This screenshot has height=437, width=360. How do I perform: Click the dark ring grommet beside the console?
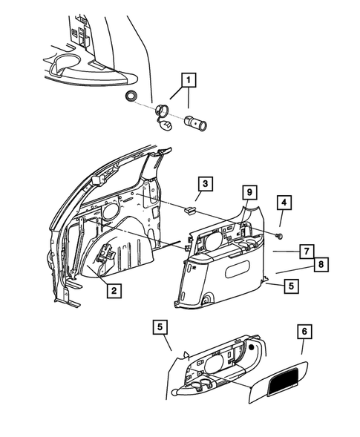coord(131,96)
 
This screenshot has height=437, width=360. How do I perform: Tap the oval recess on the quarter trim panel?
coord(239,260)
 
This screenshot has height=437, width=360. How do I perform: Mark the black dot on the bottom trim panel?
coord(253,347)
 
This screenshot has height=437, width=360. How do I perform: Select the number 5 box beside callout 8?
coord(289,286)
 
